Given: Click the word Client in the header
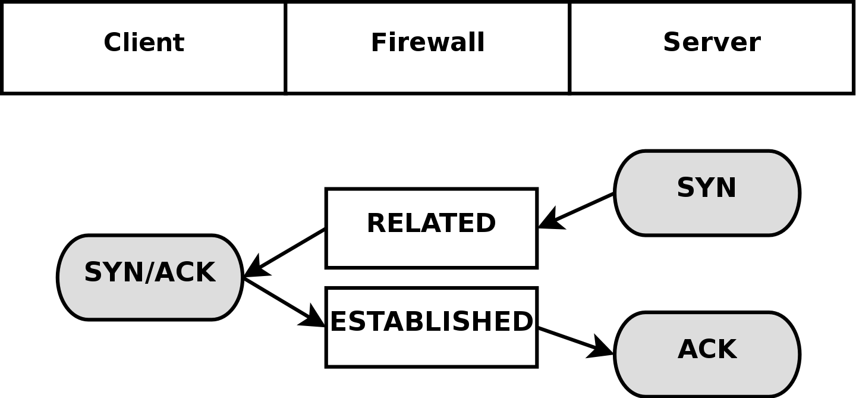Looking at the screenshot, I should [x=144, y=43].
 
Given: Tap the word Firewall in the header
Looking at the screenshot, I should [x=427, y=43].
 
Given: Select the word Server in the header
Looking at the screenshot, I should [x=712, y=43].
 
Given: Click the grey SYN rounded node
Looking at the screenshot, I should [x=707, y=193].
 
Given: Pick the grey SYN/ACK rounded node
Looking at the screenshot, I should [x=150, y=277].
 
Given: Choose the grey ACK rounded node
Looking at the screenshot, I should [x=707, y=354].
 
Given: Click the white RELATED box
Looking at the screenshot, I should [x=431, y=228].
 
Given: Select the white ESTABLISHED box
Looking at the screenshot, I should [x=431, y=327].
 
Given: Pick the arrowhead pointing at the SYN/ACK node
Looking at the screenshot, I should [x=254, y=269].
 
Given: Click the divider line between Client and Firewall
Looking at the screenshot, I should [x=286, y=48].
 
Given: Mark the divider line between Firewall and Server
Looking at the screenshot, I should [x=569, y=48].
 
